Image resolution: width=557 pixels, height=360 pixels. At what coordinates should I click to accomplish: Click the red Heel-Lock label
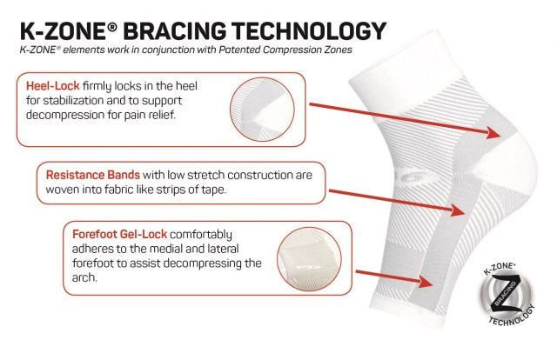(52, 86)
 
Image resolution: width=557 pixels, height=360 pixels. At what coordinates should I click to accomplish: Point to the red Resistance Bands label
(93, 175)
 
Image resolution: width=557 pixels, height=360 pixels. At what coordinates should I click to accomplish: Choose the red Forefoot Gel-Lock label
(120, 234)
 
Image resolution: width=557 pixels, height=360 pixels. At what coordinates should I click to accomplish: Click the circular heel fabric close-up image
(262, 110)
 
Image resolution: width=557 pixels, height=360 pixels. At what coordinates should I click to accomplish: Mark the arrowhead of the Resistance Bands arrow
(458, 210)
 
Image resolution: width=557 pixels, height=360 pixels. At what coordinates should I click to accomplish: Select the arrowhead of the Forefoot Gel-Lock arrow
(426, 282)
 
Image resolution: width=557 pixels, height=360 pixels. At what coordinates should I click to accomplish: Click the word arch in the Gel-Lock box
(84, 277)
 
